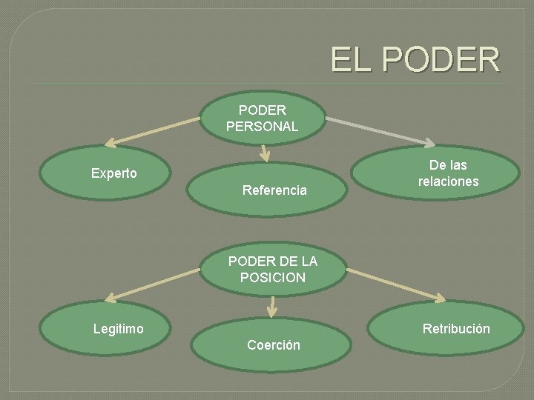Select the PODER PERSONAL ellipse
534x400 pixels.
263,117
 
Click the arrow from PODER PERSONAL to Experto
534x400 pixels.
153,129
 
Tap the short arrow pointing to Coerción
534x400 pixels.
273,306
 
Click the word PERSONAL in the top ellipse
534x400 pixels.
263,126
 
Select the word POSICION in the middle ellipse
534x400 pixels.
272,278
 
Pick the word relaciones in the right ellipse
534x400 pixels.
448,181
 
